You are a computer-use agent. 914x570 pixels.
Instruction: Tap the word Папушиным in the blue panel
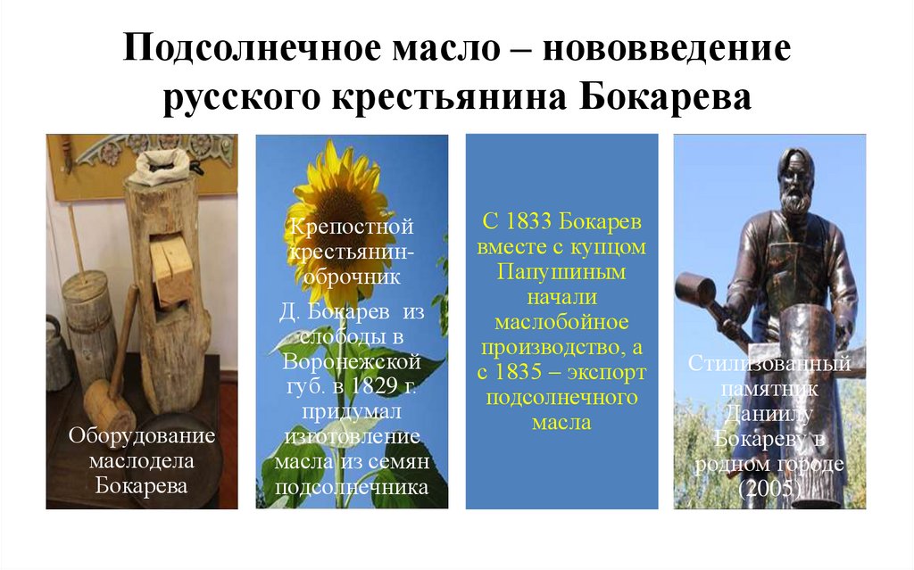click(561, 271)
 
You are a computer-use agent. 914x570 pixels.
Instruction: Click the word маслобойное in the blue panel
click(561, 321)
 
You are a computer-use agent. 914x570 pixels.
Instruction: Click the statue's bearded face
click(792, 186)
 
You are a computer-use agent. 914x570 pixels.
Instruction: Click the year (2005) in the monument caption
click(769, 487)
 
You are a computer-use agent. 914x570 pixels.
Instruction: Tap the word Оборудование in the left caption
click(142, 437)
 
